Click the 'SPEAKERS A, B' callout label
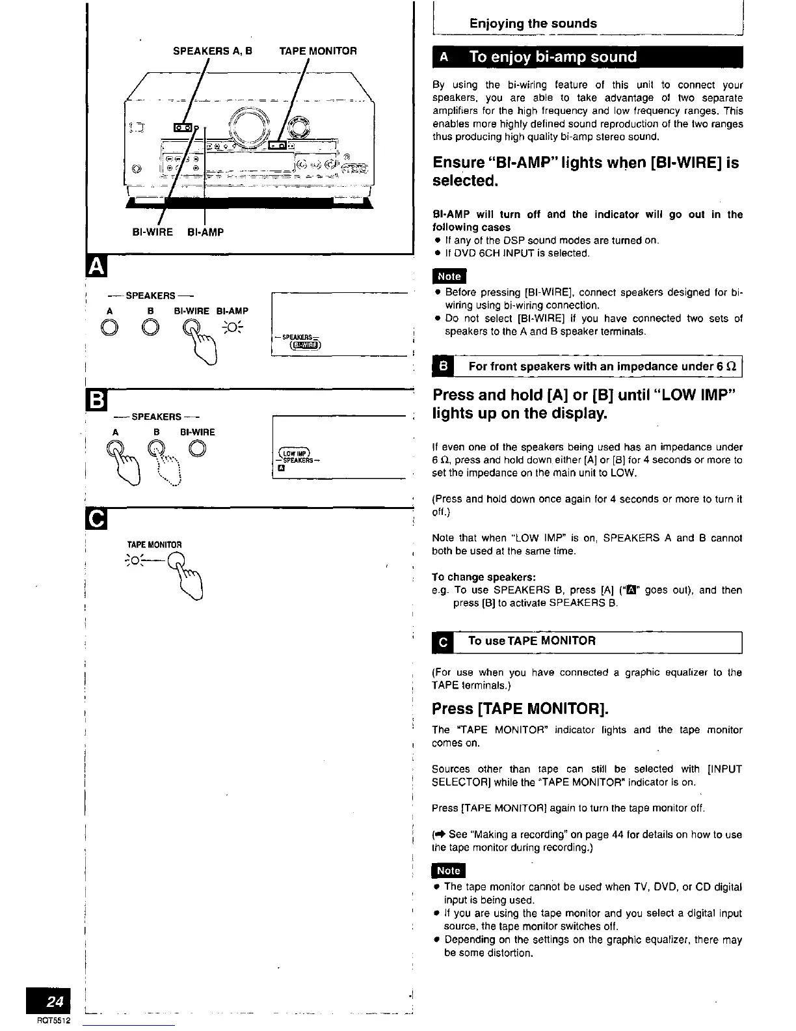pyautogui.click(x=213, y=51)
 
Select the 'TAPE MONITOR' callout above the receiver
pyautogui.click(x=318, y=51)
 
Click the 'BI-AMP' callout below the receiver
pyautogui.click(x=206, y=232)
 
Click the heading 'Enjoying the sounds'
pyautogui.click(x=533, y=23)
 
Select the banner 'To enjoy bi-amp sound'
pyautogui.click(x=553, y=57)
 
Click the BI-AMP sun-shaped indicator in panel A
pyautogui.click(x=232, y=327)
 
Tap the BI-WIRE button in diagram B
pyautogui.click(x=199, y=448)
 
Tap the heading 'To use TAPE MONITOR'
pyautogui.click(x=531, y=641)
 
